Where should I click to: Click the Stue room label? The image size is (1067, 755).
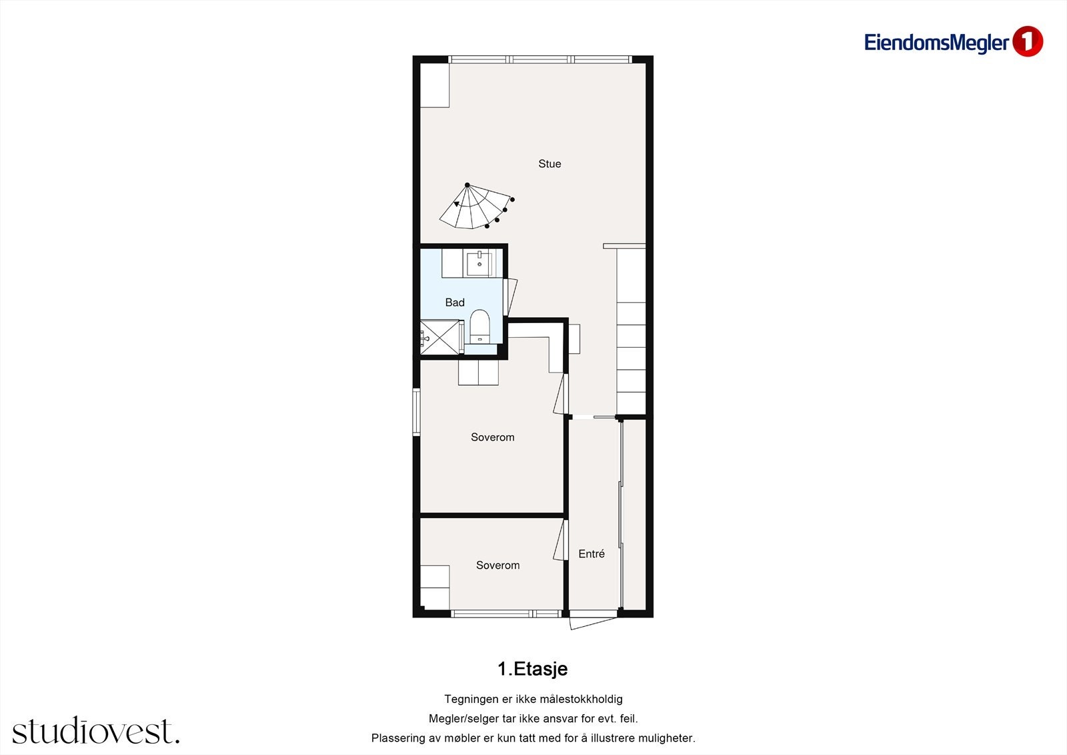click(x=550, y=164)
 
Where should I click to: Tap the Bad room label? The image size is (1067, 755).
click(x=455, y=302)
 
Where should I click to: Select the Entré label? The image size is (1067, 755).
click(x=592, y=553)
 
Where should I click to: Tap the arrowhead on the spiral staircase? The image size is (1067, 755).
click(x=457, y=204)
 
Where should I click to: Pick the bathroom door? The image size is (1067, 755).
click(x=511, y=296)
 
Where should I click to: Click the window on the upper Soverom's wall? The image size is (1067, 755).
click(x=416, y=412)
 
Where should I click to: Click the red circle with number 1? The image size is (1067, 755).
click(x=1027, y=41)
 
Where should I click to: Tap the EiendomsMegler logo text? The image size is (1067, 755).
click(x=936, y=43)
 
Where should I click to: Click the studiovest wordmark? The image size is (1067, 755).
click(x=95, y=731)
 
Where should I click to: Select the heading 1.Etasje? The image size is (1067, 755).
click(x=532, y=668)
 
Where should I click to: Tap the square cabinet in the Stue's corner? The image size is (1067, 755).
click(x=434, y=85)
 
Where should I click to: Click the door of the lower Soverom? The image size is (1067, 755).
click(x=560, y=541)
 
